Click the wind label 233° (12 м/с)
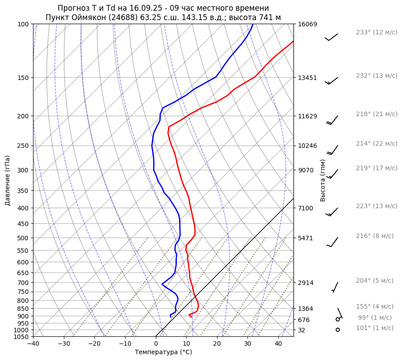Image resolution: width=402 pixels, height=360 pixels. (376, 32)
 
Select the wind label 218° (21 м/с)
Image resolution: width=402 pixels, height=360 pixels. (376, 114)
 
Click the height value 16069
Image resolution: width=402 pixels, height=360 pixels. (307, 24)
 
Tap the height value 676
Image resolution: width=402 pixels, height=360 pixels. (304, 320)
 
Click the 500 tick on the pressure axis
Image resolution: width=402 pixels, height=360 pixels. (24, 238)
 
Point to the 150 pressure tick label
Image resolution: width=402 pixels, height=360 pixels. (24, 78)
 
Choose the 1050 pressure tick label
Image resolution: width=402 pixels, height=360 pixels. (22, 337)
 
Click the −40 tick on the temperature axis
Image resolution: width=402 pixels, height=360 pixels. (33, 344)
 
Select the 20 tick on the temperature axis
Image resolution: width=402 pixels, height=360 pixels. (217, 344)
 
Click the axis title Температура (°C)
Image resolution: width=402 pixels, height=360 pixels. (163, 352)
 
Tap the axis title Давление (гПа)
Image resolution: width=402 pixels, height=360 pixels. (8, 180)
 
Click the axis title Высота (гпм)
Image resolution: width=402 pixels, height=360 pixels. (322, 180)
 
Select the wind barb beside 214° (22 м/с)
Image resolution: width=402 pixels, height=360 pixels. (332, 150)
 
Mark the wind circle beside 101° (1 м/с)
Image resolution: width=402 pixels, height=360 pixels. (338, 330)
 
